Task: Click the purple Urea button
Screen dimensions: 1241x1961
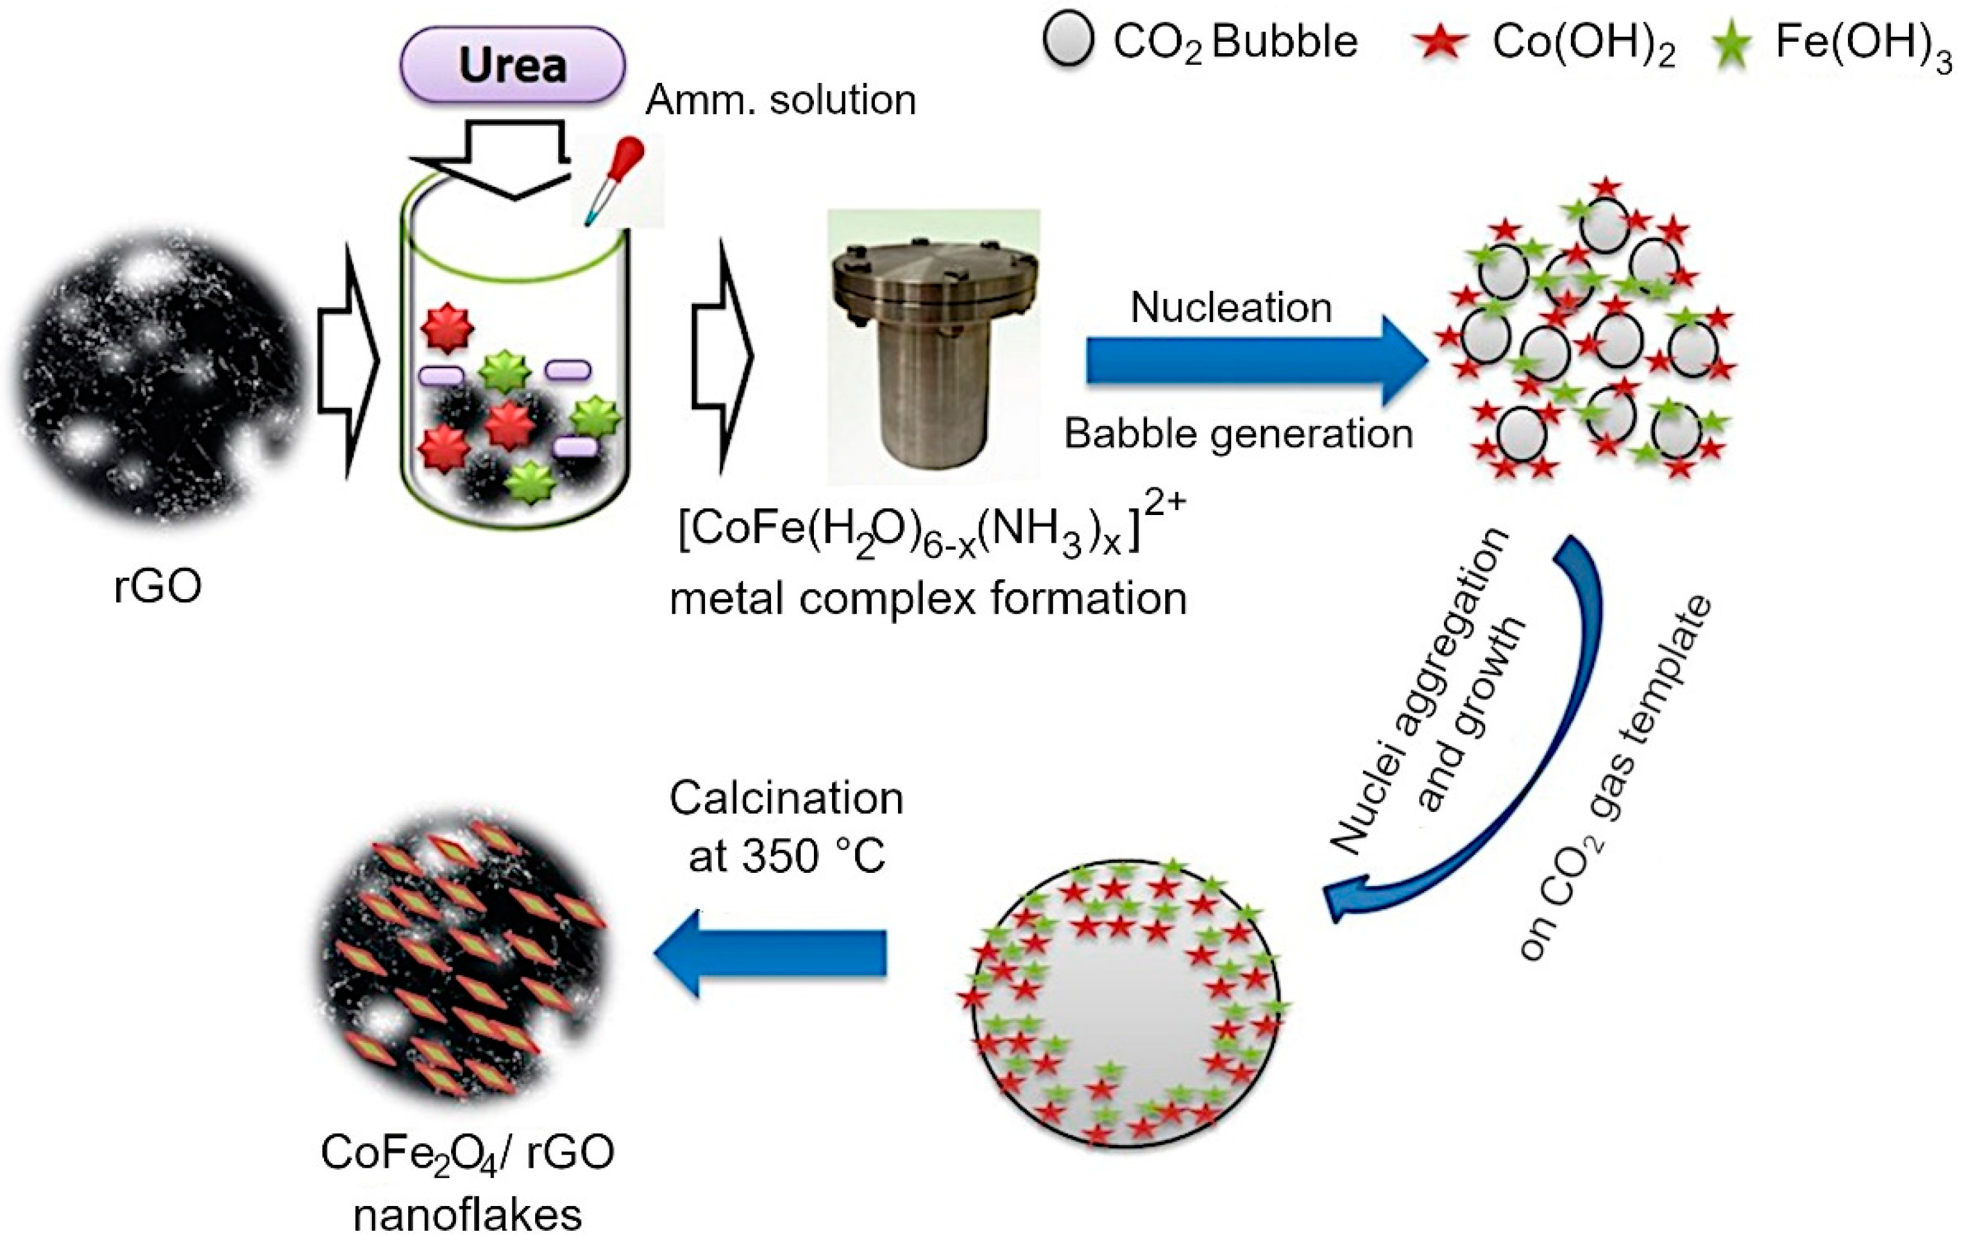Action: pyautogui.click(x=512, y=65)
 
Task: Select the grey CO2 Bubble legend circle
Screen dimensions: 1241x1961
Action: pyautogui.click(x=1068, y=41)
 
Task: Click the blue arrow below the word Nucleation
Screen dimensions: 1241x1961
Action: pyautogui.click(x=1254, y=361)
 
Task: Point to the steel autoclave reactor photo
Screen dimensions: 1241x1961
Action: pyautogui.click(x=933, y=346)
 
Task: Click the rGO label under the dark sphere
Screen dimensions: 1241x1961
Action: pyautogui.click(x=157, y=586)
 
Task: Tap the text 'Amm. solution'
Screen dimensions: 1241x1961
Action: pyautogui.click(x=780, y=100)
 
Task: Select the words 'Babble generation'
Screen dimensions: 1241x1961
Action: pyautogui.click(x=1238, y=434)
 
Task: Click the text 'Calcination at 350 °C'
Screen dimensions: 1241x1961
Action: pyautogui.click(x=786, y=826)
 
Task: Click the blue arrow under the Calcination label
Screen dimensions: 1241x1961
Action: pyautogui.click(x=770, y=953)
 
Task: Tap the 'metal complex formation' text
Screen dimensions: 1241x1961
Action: pyautogui.click(x=928, y=599)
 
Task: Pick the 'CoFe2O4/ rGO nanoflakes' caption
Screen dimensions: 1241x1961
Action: pyautogui.click(x=467, y=1181)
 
